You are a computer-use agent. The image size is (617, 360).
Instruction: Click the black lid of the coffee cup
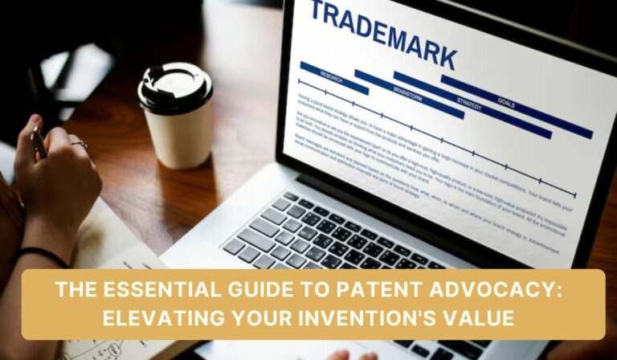174,87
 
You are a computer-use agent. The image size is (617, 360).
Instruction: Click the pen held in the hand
39,142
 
